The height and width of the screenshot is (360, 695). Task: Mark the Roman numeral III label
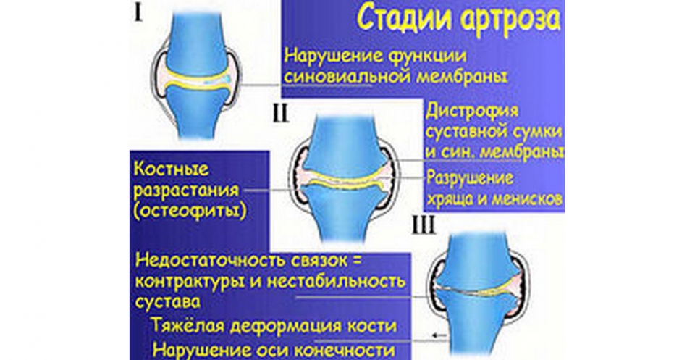(424, 226)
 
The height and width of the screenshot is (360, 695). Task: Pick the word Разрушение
(470, 179)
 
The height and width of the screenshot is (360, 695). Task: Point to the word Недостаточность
(210, 261)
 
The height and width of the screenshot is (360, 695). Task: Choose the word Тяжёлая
(188, 326)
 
